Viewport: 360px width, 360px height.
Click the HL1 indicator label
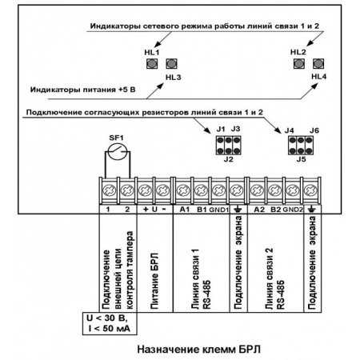point(151,51)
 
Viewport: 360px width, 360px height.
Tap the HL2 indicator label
point(298,51)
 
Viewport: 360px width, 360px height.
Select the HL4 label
point(319,78)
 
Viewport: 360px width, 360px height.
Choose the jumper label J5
point(301,160)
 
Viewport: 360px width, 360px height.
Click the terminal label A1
point(182,209)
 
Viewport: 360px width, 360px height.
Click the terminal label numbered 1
point(106,209)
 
